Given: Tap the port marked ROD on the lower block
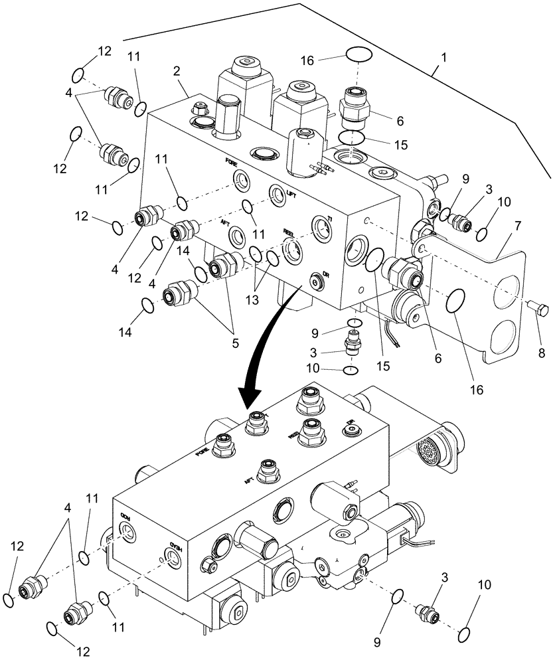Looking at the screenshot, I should (x=125, y=528).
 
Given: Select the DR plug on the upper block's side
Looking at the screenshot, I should (x=316, y=281).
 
